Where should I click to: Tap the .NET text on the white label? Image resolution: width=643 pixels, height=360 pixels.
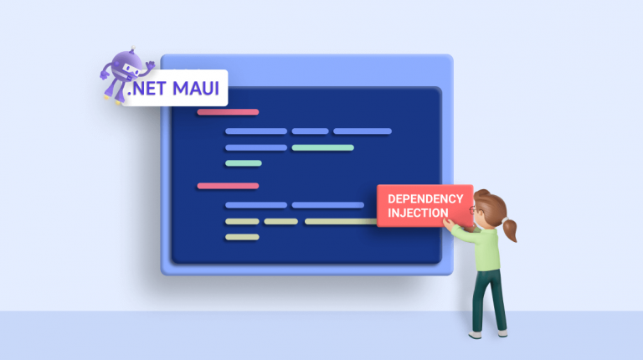click(148, 87)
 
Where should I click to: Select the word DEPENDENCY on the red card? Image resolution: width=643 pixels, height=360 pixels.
click(424, 199)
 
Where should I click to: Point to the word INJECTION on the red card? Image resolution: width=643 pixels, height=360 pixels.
click(418, 213)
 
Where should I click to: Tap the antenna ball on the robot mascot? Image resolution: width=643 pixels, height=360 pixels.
click(117, 52)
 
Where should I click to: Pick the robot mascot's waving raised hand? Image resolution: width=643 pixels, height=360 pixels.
click(150, 62)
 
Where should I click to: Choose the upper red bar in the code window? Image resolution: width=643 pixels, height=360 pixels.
click(228, 111)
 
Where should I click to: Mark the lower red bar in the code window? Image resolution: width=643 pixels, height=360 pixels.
click(228, 185)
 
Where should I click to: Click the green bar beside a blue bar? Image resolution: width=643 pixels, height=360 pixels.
click(322, 147)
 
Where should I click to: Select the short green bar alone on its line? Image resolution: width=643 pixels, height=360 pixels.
click(244, 162)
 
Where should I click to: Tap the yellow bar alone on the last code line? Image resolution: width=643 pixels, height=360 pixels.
click(242, 237)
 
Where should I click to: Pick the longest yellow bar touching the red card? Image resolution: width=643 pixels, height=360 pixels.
click(340, 222)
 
